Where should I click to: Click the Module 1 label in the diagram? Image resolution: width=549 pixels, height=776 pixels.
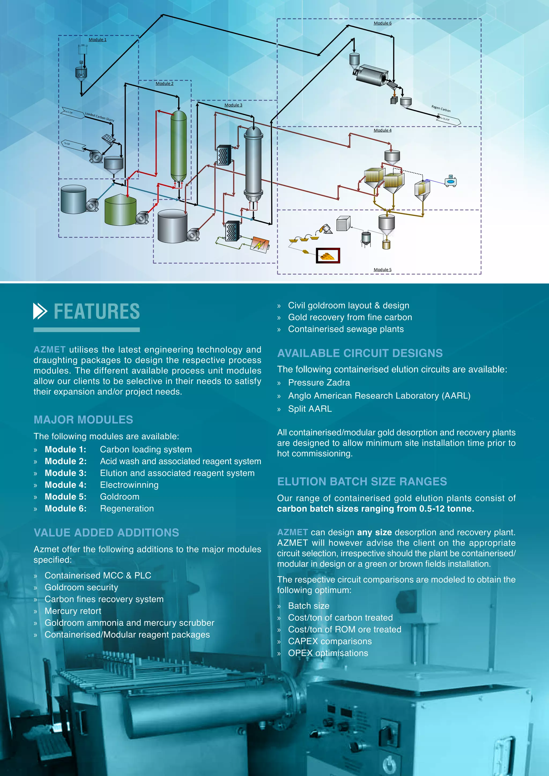click(x=97, y=40)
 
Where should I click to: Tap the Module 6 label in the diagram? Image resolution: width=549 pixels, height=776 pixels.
click(x=382, y=23)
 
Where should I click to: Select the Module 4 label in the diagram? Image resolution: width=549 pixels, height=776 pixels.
click(x=382, y=130)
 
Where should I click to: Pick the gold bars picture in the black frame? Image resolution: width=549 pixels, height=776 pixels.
click(x=328, y=256)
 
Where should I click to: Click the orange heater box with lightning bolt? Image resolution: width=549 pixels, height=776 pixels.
click(x=260, y=243)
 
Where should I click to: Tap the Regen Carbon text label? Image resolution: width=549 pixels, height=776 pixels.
click(x=441, y=109)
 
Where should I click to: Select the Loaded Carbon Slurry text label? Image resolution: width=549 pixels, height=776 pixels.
click(x=99, y=117)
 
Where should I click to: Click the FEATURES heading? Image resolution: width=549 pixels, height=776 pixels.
click(x=97, y=311)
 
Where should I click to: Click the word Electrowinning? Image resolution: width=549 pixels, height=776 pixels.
click(x=129, y=485)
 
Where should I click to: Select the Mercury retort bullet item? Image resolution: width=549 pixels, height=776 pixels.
click(x=73, y=611)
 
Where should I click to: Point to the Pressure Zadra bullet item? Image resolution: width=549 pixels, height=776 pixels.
click(x=319, y=383)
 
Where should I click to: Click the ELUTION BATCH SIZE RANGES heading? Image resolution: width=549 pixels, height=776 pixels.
click(x=362, y=481)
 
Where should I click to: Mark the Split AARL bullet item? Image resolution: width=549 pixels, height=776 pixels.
click(x=310, y=409)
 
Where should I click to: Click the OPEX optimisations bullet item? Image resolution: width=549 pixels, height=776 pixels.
click(x=328, y=653)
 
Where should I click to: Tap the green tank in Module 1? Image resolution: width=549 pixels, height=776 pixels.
click(x=120, y=210)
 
